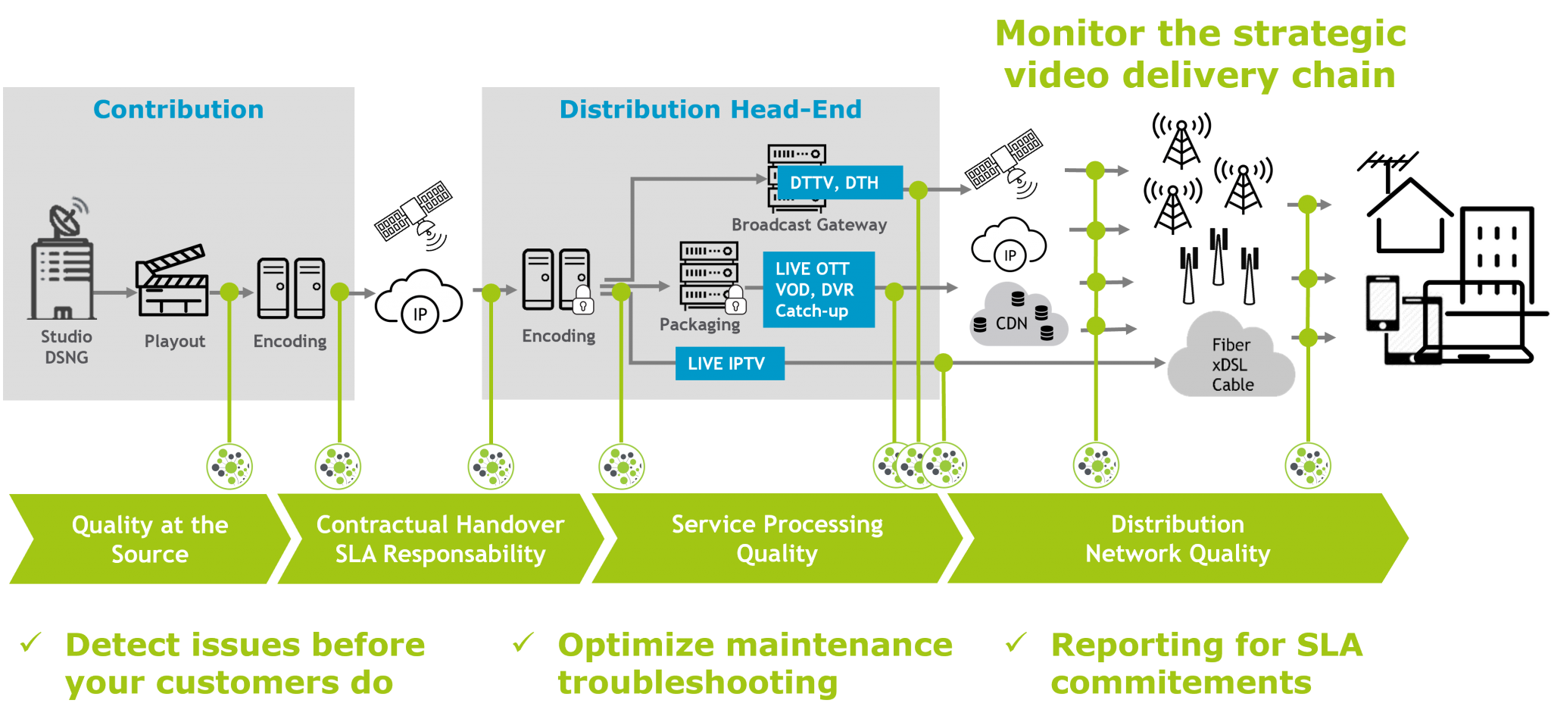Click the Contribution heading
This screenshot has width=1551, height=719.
[x=178, y=110]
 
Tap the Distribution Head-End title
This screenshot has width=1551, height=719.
[x=710, y=110]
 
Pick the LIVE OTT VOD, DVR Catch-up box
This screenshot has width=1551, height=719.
[x=818, y=289]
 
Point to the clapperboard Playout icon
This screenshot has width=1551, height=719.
[x=172, y=281]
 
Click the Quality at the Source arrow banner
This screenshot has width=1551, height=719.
[x=149, y=539]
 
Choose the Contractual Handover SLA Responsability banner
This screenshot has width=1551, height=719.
[x=440, y=539]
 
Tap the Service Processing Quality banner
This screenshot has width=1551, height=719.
[x=776, y=539]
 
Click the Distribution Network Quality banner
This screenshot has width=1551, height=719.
[x=1177, y=539]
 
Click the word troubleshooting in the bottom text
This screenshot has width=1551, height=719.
[x=697, y=683]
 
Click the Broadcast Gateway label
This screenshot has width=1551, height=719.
[x=808, y=225]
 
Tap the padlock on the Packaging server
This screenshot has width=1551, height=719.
[x=735, y=302]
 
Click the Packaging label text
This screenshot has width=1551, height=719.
[x=699, y=324]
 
